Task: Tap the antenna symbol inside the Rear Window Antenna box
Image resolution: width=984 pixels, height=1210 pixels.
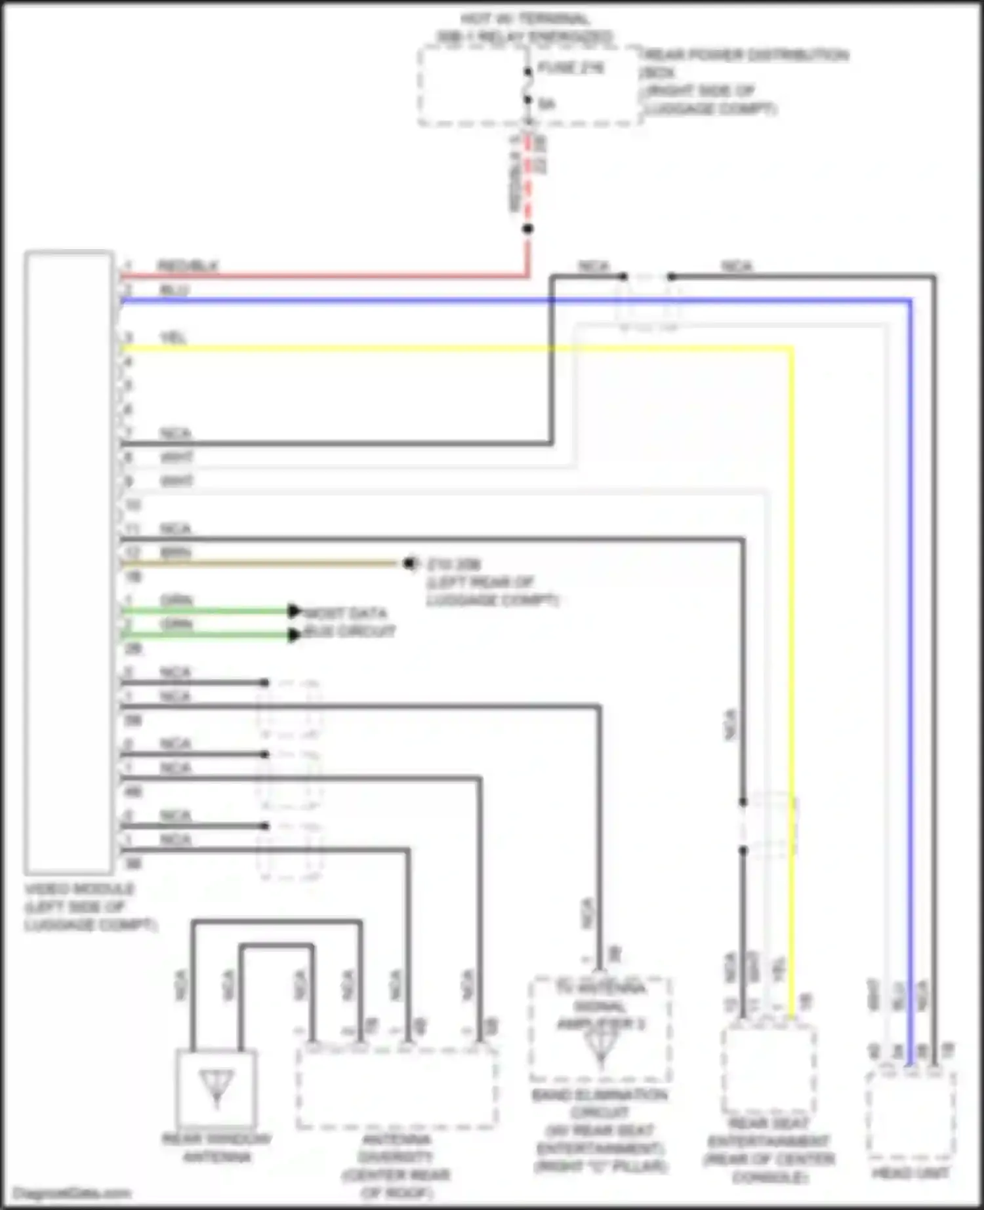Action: coord(216,1086)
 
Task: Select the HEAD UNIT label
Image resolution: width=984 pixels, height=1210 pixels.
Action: coord(910,1173)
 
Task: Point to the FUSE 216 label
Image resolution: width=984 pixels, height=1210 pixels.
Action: coord(571,68)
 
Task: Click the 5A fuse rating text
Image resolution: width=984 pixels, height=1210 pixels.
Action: coord(547,104)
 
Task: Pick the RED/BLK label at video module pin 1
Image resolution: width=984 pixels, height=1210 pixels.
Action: coord(188,266)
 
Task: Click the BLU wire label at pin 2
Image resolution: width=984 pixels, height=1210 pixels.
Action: coord(174,290)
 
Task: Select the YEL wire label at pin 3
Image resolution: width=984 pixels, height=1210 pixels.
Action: coord(174,338)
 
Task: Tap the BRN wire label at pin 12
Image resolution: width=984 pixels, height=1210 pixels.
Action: coord(176,553)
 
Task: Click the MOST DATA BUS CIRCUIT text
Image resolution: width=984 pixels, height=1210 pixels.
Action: coord(348,623)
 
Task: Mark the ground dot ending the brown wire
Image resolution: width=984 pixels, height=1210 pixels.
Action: coord(409,563)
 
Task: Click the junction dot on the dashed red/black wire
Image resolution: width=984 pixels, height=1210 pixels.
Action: coord(528,229)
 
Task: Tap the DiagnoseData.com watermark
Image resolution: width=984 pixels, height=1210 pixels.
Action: coord(72,1193)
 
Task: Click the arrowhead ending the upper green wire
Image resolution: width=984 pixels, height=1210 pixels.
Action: coord(295,611)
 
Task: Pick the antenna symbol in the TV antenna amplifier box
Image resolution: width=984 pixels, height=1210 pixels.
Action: coord(601,1045)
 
